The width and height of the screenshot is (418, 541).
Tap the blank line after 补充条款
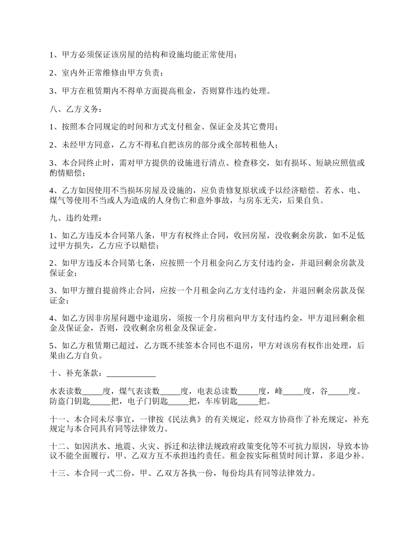(x=131, y=373)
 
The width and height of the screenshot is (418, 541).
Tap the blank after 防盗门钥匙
(x=100, y=401)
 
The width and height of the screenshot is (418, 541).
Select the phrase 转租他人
(x=262, y=145)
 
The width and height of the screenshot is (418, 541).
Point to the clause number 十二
(x=56, y=446)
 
